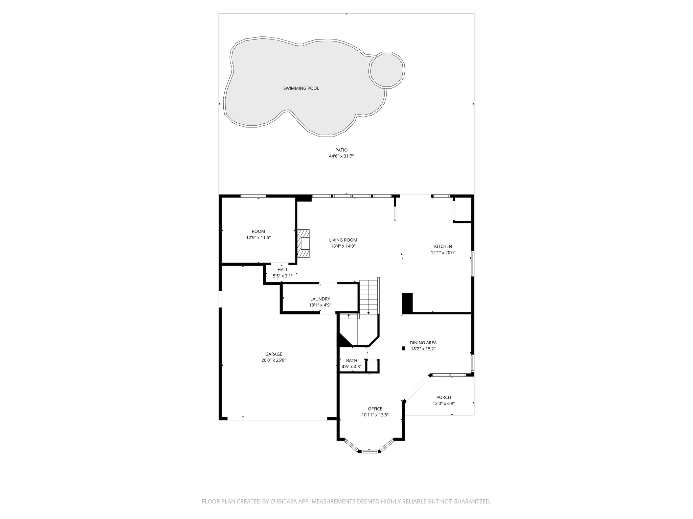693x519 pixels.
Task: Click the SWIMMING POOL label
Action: (x=301, y=89)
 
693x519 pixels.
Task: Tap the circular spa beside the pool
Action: (x=387, y=70)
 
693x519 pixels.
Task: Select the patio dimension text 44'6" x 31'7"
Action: (x=341, y=156)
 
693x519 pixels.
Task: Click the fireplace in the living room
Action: (x=304, y=243)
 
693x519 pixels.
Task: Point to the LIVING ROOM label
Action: (x=343, y=240)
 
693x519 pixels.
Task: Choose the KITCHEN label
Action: (x=443, y=246)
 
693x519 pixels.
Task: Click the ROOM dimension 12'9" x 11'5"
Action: (x=258, y=238)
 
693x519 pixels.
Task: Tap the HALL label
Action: (x=283, y=270)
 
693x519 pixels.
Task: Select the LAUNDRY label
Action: (x=320, y=299)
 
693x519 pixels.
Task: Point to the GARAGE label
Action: (x=273, y=354)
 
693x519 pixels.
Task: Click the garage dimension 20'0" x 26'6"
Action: (x=273, y=360)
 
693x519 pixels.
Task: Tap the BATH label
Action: (x=352, y=361)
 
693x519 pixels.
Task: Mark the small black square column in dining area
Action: (x=403, y=348)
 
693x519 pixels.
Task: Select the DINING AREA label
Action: (x=423, y=343)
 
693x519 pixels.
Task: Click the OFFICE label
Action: (x=375, y=409)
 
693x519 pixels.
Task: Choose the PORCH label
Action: (x=443, y=397)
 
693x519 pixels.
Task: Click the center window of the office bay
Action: (x=369, y=451)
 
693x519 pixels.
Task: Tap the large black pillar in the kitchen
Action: (x=407, y=303)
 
